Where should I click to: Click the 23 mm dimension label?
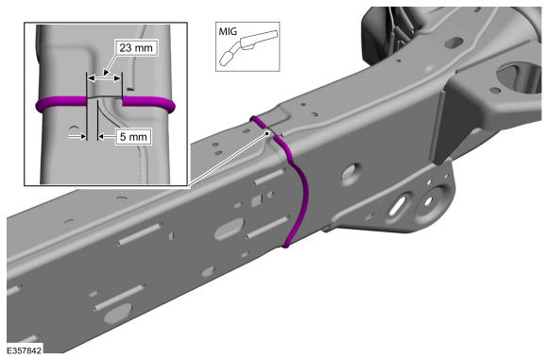coord(136,47)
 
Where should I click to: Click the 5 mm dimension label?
coord(133,136)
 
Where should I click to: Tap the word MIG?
coord(228,31)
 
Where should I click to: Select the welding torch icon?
coord(248,47)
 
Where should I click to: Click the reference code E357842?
coord(25,351)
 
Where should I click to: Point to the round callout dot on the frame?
coord(267,133)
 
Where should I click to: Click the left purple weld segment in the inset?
coord(61,103)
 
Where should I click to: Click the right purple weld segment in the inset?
coord(148,104)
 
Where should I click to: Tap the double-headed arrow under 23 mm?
coord(104,78)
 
